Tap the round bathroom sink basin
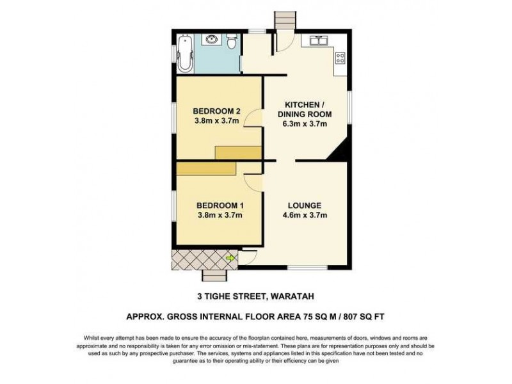pyautogui.click(x=213, y=41)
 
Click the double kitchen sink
pyautogui.click(x=318, y=42)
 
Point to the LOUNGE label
pyautogui.click(x=304, y=205)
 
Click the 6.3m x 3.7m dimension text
pyautogui.click(x=304, y=124)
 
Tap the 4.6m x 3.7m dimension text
pyautogui.click(x=305, y=215)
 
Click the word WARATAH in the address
pyautogui.click(x=291, y=296)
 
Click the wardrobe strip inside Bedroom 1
pyautogui.click(x=206, y=168)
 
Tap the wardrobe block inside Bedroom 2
pyautogui.click(x=238, y=152)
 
